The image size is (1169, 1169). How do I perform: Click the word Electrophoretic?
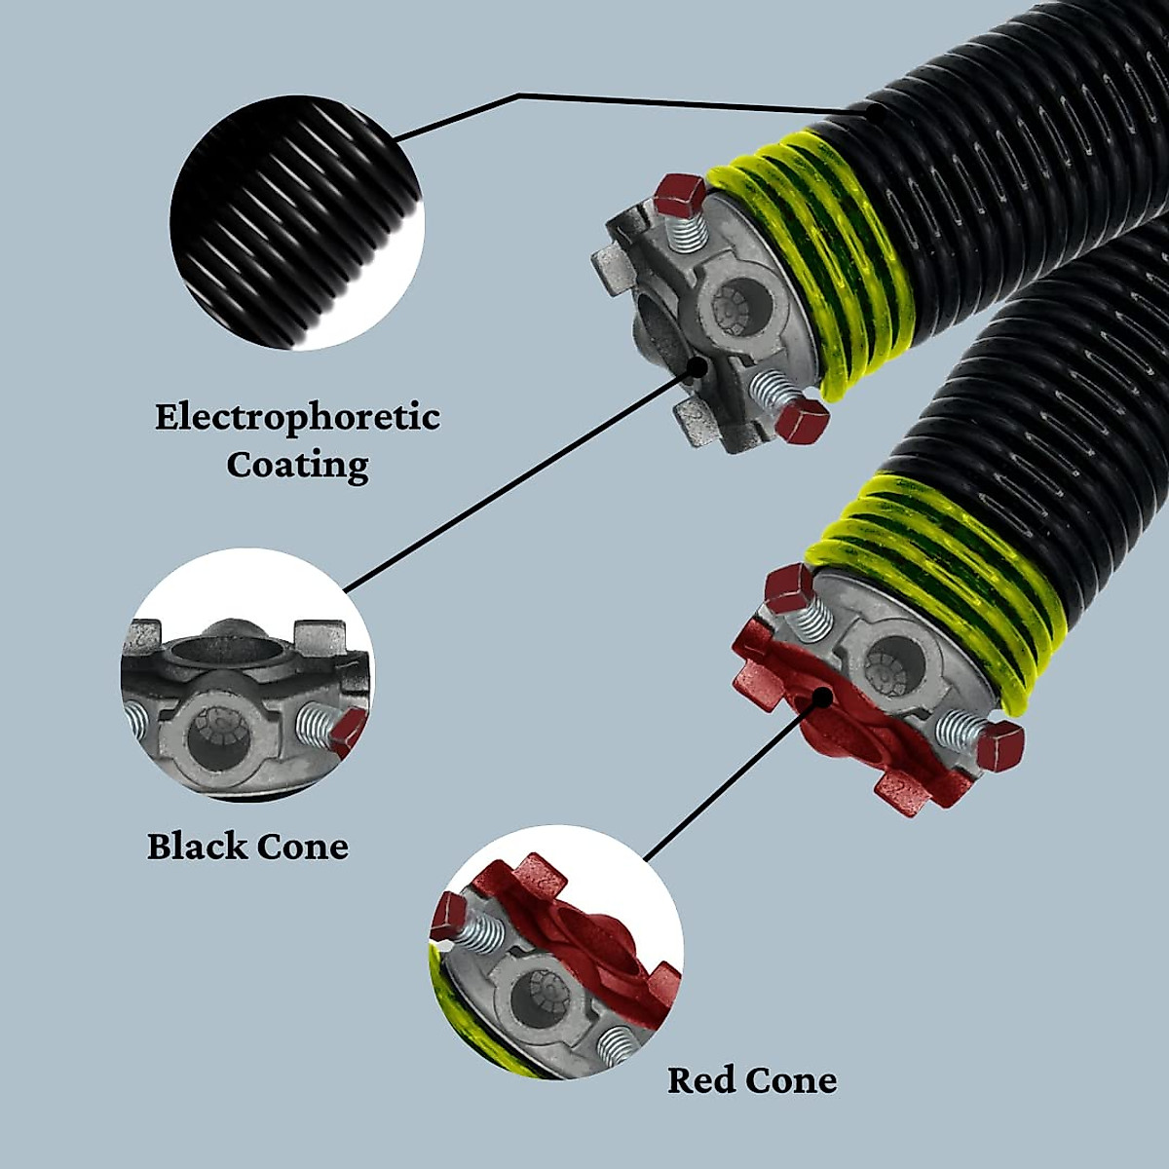click(297, 417)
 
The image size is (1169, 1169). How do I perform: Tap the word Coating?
click(297, 464)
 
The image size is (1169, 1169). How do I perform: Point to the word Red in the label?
click(701, 1080)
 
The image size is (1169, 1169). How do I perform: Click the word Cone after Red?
click(791, 1080)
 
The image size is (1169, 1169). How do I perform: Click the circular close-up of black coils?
click(297, 222)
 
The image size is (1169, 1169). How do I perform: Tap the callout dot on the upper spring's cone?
click(698, 365)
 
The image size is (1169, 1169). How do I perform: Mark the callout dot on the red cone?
click(824, 697)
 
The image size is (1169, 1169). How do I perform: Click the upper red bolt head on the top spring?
click(679, 196)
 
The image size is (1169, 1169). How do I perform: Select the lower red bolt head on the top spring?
click(802, 421)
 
